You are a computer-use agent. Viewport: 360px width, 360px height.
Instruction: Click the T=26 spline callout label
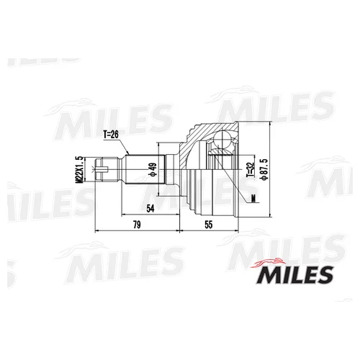click(111, 135)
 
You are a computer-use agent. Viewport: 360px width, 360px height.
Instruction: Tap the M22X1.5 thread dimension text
click(79, 170)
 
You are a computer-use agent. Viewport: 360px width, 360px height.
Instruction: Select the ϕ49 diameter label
click(153, 169)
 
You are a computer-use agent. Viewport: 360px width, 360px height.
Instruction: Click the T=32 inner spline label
click(251, 169)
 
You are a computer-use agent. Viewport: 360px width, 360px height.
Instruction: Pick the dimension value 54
click(150, 209)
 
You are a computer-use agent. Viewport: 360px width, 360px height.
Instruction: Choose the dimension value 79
click(137, 225)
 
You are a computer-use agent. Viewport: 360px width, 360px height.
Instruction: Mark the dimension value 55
click(209, 225)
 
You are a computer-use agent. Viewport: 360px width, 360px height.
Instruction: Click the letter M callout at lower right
click(253, 198)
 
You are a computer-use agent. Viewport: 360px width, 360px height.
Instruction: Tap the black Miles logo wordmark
click(295, 275)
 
